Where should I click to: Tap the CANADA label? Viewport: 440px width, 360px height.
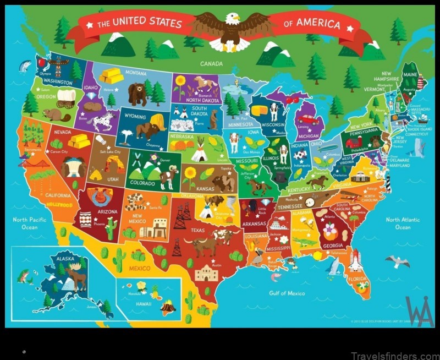(211, 64)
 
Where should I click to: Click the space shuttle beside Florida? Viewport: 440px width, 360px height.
(355, 259)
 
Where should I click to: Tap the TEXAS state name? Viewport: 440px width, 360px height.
(197, 230)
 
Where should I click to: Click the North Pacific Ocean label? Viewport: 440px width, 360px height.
(28, 222)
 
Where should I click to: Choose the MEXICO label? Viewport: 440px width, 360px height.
(140, 269)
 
